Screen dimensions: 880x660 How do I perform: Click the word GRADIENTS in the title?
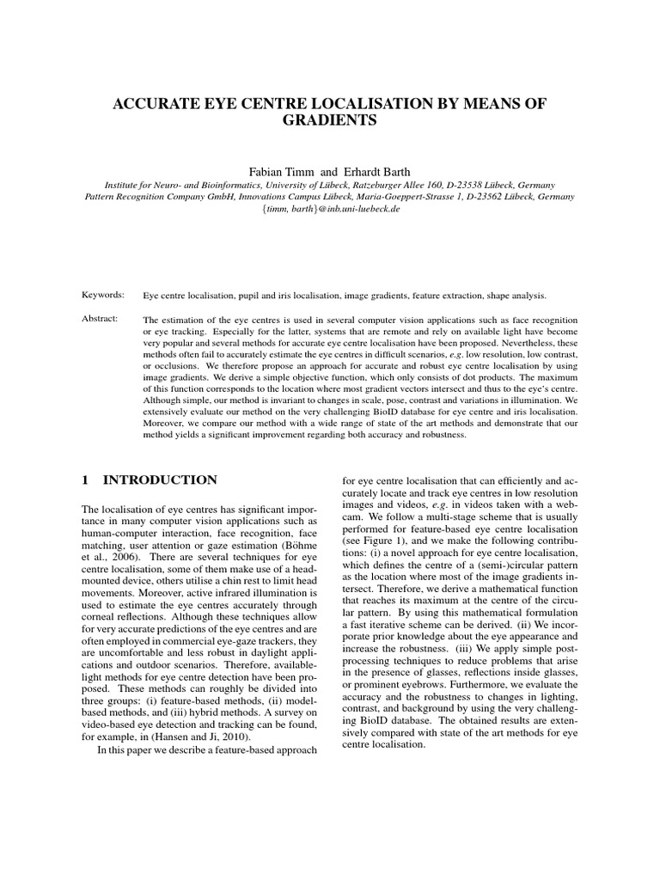(x=330, y=121)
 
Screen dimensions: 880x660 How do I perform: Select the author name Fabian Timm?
(x=278, y=169)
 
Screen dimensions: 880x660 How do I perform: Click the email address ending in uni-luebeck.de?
(x=330, y=209)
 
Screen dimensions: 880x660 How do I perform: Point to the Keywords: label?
(x=102, y=296)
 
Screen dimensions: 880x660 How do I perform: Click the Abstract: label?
(x=101, y=320)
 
